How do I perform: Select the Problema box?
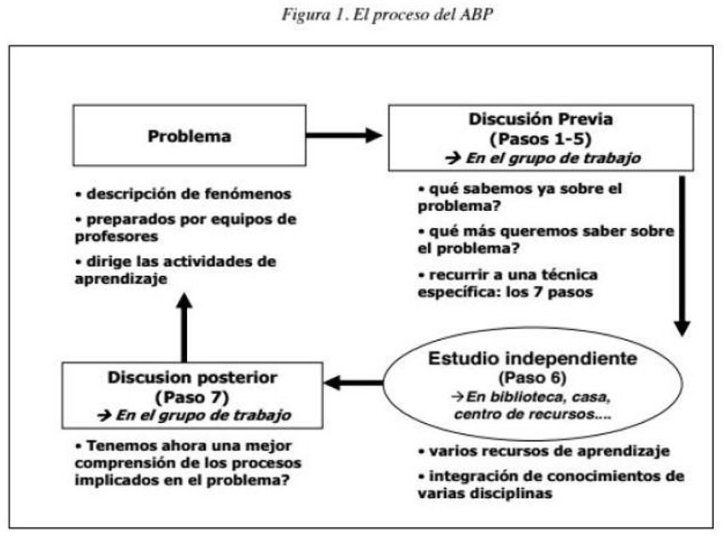coord(189,136)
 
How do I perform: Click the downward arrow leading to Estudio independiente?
coord(682,256)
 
